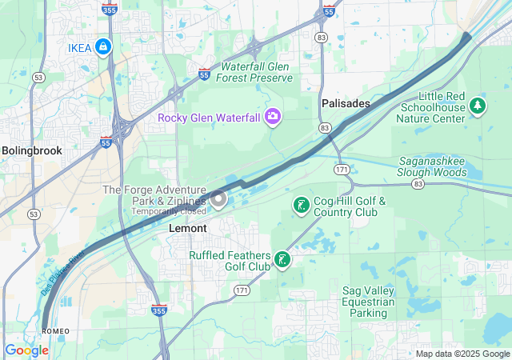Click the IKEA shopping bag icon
pyautogui.click(x=102, y=47)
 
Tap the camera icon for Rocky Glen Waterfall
pyautogui.click(x=274, y=118)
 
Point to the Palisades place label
pyautogui.click(x=346, y=104)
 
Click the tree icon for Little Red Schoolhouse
pyautogui.click(x=478, y=105)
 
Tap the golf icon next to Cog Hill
pyautogui.click(x=301, y=206)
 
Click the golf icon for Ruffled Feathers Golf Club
pyautogui.click(x=282, y=260)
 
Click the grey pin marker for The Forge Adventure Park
pyautogui.click(x=218, y=199)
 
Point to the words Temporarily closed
pyautogui.click(x=169, y=211)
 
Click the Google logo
pyautogui.click(x=26, y=350)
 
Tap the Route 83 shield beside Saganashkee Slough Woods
pyautogui.click(x=418, y=184)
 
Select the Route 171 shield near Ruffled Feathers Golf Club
pyautogui.click(x=242, y=289)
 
